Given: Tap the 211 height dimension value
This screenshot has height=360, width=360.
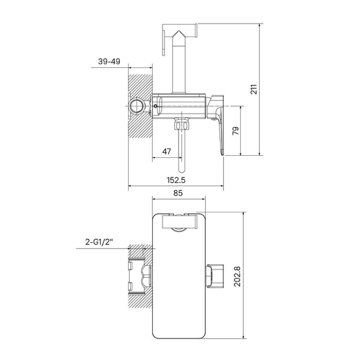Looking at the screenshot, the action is click(x=254, y=89).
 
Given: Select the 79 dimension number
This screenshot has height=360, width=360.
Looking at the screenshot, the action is click(x=236, y=131).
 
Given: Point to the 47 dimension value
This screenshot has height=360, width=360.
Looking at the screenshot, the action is click(x=166, y=151).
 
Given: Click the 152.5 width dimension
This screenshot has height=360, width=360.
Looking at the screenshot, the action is click(x=176, y=180).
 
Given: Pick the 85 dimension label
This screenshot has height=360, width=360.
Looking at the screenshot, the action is click(x=178, y=193).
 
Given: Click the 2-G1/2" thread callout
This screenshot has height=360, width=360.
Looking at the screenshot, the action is click(x=99, y=242).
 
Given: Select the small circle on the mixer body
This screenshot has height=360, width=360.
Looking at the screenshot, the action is click(x=155, y=106).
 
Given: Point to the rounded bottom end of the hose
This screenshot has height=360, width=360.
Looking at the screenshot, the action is click(x=182, y=170).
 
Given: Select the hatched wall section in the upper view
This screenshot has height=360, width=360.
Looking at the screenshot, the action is click(x=140, y=106).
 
